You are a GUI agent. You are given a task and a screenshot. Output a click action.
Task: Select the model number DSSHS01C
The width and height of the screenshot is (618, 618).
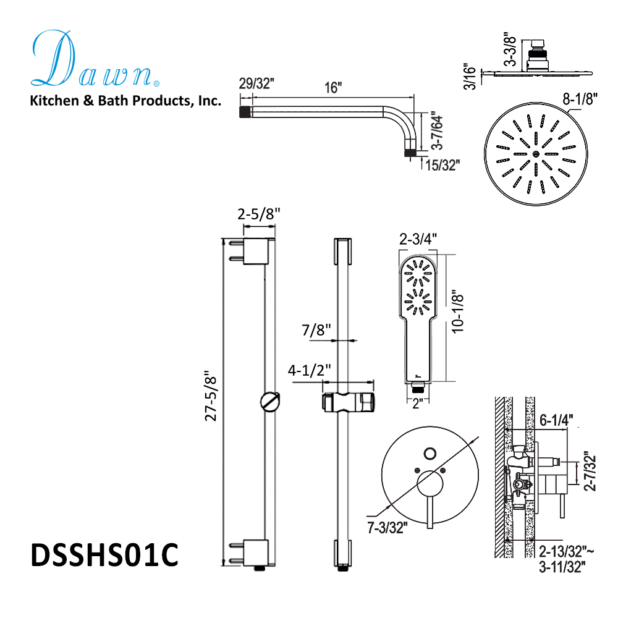click(x=104, y=554)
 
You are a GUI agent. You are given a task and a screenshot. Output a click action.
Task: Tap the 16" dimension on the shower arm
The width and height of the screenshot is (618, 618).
click(x=332, y=87)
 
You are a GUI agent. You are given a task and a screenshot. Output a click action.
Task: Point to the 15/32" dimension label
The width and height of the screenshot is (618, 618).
click(x=441, y=164)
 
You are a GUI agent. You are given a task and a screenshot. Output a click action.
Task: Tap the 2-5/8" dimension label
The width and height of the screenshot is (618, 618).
click(x=259, y=214)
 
